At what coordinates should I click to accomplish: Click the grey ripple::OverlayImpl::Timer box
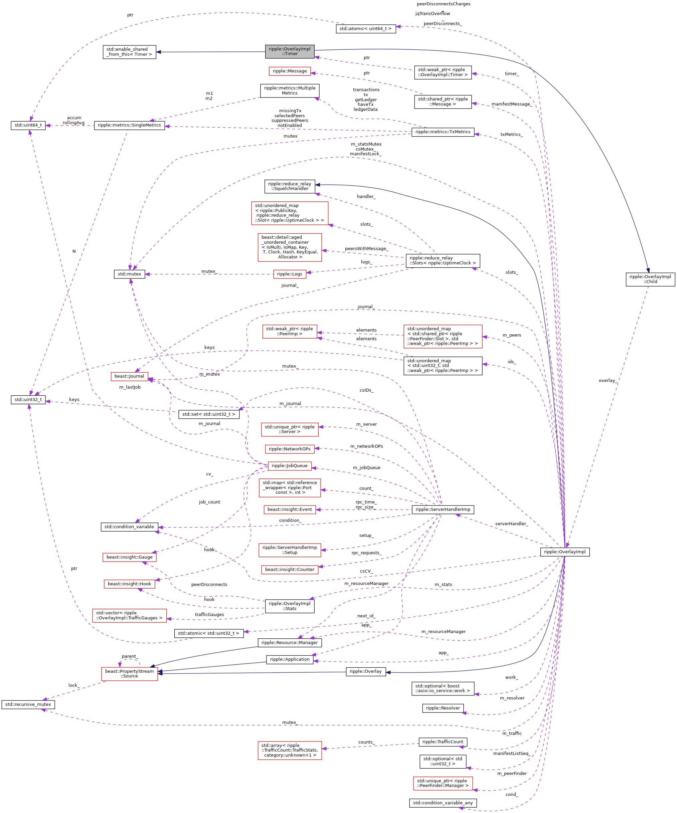click(289, 51)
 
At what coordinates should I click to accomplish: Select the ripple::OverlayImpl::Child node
click(650, 279)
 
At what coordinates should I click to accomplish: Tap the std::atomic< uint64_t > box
click(365, 29)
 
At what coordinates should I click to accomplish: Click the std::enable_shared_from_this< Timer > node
click(129, 52)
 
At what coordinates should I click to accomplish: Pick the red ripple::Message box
click(289, 71)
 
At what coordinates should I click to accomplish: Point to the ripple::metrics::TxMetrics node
click(442, 132)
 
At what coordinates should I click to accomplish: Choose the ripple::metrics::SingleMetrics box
click(129, 126)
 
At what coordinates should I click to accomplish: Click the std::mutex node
click(129, 274)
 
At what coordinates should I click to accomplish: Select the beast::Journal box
click(129, 376)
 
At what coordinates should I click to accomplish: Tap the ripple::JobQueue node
click(289, 466)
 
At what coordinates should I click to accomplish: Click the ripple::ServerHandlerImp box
click(442, 510)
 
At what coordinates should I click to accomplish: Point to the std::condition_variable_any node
click(442, 803)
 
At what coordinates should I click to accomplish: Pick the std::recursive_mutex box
click(28, 704)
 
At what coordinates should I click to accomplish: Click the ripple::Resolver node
click(442, 708)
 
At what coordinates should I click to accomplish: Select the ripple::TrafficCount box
click(442, 742)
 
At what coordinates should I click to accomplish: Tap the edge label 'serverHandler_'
click(511, 524)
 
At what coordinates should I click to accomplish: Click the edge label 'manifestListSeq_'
click(511, 753)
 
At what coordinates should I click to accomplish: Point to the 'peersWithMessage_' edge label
click(366, 249)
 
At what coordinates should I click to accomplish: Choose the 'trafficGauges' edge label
click(209, 614)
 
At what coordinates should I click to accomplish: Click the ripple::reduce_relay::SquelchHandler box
click(289, 186)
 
